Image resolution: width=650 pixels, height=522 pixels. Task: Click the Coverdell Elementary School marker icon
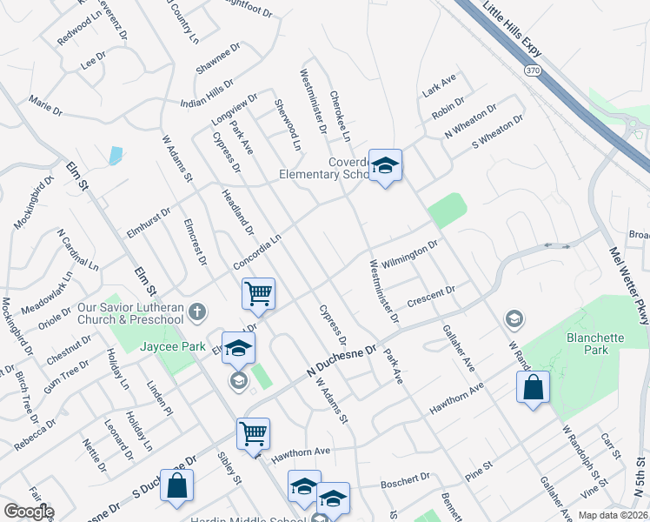click(x=384, y=164)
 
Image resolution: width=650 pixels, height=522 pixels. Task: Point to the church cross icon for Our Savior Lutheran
click(x=198, y=311)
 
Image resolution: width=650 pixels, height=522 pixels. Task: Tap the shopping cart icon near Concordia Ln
click(x=259, y=293)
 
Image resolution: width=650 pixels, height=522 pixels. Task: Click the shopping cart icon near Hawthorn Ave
click(x=253, y=432)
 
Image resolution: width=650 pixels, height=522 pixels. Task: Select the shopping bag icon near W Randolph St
click(x=533, y=386)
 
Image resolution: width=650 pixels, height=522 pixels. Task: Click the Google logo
click(x=28, y=512)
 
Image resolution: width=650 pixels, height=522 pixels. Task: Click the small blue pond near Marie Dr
click(x=116, y=156)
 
